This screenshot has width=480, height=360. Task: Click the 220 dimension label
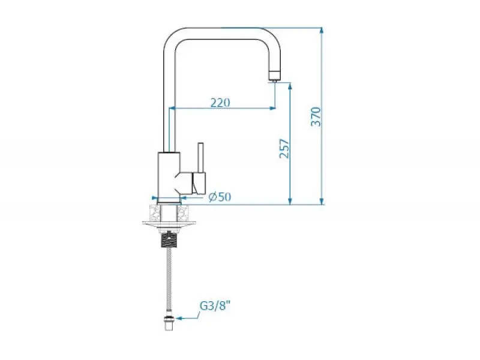[220, 102]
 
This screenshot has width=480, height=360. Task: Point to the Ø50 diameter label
[220, 197]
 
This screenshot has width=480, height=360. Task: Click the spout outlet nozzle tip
[275, 76]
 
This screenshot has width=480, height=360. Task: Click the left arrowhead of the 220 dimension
[173, 109]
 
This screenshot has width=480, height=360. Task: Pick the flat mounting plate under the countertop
[169, 225]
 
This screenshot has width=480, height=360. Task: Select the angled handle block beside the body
[196, 180]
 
